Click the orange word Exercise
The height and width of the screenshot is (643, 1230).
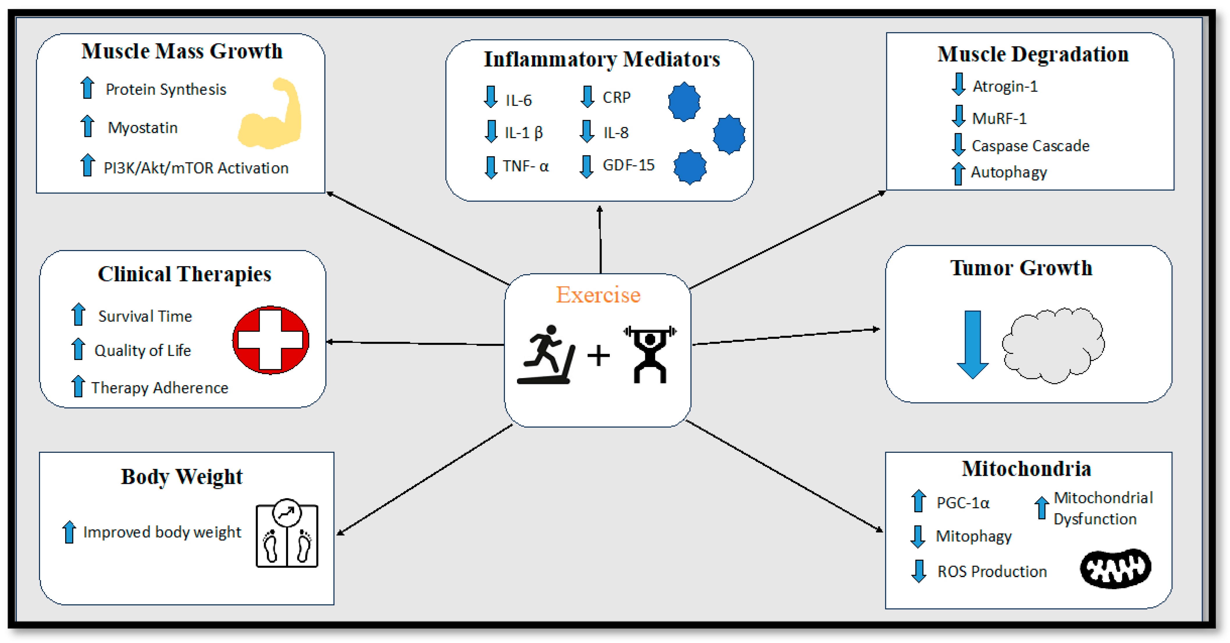[x=598, y=295]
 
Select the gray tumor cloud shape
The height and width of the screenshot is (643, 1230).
[x=1053, y=345]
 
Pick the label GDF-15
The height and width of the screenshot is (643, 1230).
[x=628, y=165]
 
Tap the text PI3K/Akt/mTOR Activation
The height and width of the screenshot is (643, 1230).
[x=196, y=168]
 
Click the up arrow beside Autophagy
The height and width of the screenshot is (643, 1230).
[x=958, y=173]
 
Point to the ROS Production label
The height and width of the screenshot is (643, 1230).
[x=992, y=571]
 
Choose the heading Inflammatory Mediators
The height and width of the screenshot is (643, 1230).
[x=602, y=59]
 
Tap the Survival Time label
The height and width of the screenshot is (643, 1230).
[x=145, y=316]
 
